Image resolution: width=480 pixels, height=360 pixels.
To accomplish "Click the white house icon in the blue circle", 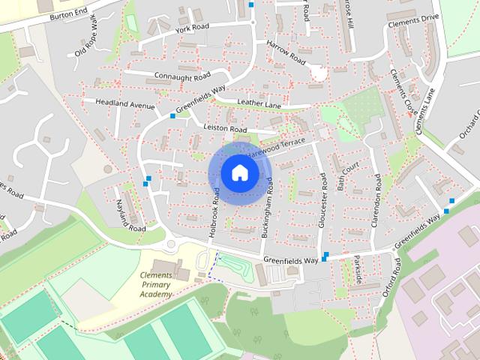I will (x=239, y=173).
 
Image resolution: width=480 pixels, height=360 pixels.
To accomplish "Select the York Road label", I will (x=190, y=28).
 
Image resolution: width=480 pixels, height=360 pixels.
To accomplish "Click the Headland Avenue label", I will (x=124, y=104).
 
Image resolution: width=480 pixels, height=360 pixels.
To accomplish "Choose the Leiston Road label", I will (x=225, y=129).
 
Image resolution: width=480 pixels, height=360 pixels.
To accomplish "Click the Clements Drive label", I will (x=412, y=24).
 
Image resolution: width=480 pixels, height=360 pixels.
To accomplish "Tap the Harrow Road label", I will (x=286, y=51).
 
